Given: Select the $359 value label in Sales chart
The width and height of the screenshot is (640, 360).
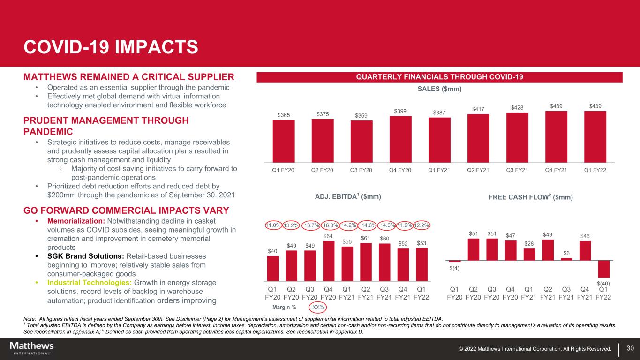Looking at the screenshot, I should (361, 115).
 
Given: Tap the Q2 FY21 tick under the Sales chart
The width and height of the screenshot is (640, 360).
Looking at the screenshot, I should (478, 170).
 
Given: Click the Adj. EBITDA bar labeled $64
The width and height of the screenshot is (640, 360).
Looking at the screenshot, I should (329, 261).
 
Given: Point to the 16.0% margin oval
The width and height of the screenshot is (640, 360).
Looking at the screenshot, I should (329, 225).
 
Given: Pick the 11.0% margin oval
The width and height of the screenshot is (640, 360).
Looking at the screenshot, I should (273, 225).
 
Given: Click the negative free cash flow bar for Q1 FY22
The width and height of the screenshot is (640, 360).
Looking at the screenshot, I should (604, 269).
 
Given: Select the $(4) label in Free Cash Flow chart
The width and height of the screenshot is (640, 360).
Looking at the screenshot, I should (455, 268).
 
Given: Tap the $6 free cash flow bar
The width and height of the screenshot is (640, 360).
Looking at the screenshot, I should (566, 259).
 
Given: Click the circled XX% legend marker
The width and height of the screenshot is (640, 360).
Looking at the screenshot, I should (318, 307).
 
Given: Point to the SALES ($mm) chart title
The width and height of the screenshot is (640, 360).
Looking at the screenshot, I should (439, 89).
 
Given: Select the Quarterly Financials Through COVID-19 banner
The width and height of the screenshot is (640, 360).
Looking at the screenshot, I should (439, 77).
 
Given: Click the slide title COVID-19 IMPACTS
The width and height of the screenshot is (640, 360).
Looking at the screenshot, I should (111, 47).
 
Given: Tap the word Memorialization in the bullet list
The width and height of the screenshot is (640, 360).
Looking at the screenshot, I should (76, 221).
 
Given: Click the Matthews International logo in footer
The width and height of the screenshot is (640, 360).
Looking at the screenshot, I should (32, 348).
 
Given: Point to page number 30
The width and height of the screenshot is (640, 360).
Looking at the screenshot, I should (630, 348).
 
